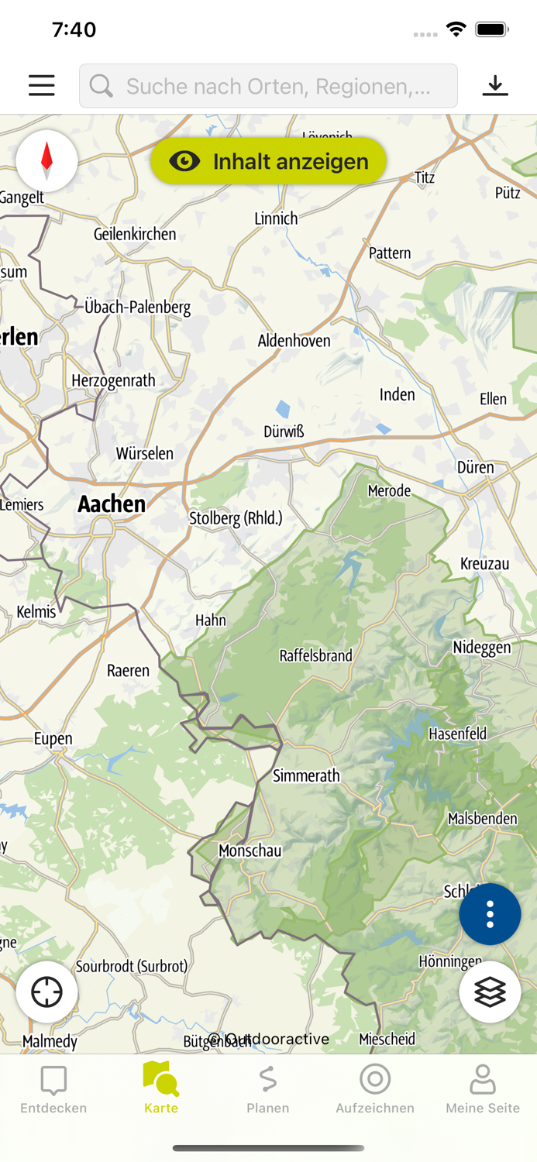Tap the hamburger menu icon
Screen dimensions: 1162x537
coord(42,85)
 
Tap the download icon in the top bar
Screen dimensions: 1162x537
coord(494,85)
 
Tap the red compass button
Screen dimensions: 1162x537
coord(46,161)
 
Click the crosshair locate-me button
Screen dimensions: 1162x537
coord(46,992)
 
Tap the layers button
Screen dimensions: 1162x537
coord(490,992)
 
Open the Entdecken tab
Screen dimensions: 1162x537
coord(53,1089)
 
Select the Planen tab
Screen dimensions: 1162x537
coord(268,1089)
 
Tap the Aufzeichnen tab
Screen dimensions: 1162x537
coord(375,1089)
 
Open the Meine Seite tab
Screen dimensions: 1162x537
coord(482,1089)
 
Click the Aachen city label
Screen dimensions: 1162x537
coord(112,504)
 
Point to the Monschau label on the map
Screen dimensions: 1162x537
coord(250,851)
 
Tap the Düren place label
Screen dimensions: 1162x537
coord(475,467)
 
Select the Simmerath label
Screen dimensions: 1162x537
coord(306,775)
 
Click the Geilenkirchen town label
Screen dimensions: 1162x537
coord(135,234)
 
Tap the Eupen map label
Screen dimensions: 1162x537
coord(53,738)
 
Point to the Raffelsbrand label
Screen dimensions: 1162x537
coord(315,655)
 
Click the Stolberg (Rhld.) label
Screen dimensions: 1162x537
coord(236,518)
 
